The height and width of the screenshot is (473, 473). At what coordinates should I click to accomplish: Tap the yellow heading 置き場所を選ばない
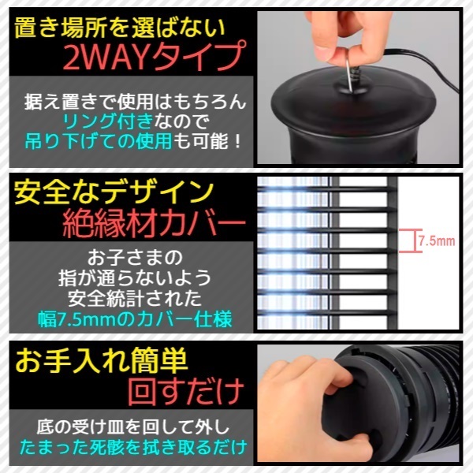[x=120, y=28]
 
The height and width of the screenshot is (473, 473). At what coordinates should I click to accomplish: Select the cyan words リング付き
[x=107, y=121]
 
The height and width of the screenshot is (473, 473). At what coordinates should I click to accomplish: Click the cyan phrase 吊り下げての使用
[x=99, y=141]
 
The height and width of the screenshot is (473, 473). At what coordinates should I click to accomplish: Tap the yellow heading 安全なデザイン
[x=114, y=193]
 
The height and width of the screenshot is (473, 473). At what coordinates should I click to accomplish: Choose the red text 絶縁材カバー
[x=155, y=224]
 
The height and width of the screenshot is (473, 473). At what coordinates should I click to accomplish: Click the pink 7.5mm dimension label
[x=437, y=241]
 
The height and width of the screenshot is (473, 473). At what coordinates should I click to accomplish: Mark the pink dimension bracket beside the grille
[x=410, y=240]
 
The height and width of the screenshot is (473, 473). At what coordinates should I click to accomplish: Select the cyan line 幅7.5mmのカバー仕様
[x=135, y=318]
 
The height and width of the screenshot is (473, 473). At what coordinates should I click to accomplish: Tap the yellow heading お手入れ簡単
[x=102, y=360]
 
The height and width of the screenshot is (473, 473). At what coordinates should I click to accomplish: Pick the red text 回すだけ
[x=185, y=391]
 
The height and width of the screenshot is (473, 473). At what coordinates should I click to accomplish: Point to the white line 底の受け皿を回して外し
[x=133, y=426]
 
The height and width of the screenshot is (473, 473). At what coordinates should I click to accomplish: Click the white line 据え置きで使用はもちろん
[x=136, y=101]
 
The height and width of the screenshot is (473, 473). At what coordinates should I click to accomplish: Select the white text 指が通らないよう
[x=135, y=277]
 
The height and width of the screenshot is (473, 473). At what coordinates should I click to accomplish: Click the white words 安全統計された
[x=135, y=298]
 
